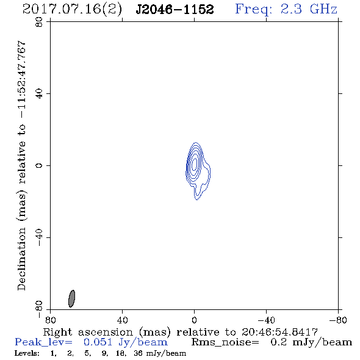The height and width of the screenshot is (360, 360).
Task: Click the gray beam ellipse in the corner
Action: (71, 298)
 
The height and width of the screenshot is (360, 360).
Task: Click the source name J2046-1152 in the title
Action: (175, 9)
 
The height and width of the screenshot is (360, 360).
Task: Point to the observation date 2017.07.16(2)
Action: (72, 10)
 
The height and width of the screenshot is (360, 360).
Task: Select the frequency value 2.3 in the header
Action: (291, 9)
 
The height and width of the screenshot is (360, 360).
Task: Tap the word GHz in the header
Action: (324, 9)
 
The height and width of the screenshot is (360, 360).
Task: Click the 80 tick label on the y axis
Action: (39, 22)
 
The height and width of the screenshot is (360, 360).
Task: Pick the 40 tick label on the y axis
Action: (39, 94)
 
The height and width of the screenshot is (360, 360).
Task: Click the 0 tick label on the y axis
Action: (39, 165)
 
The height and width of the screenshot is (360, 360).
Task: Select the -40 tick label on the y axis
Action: (39, 237)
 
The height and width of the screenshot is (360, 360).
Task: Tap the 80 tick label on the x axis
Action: (50, 320)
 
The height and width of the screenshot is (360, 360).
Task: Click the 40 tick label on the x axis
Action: (122, 320)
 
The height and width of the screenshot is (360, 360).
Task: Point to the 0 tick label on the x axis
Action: (194, 320)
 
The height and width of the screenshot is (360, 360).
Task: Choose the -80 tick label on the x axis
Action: (338, 320)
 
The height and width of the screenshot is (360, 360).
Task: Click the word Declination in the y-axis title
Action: (21, 259)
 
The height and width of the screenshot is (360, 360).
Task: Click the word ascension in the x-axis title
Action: (106, 332)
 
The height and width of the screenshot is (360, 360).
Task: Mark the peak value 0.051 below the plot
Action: (98, 342)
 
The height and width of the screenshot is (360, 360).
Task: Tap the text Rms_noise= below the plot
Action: (225, 342)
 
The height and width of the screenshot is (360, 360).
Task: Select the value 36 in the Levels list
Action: (139, 353)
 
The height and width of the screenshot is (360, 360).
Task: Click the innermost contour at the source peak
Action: (195, 164)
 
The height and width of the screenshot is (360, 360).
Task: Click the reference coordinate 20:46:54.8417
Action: (279, 332)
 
